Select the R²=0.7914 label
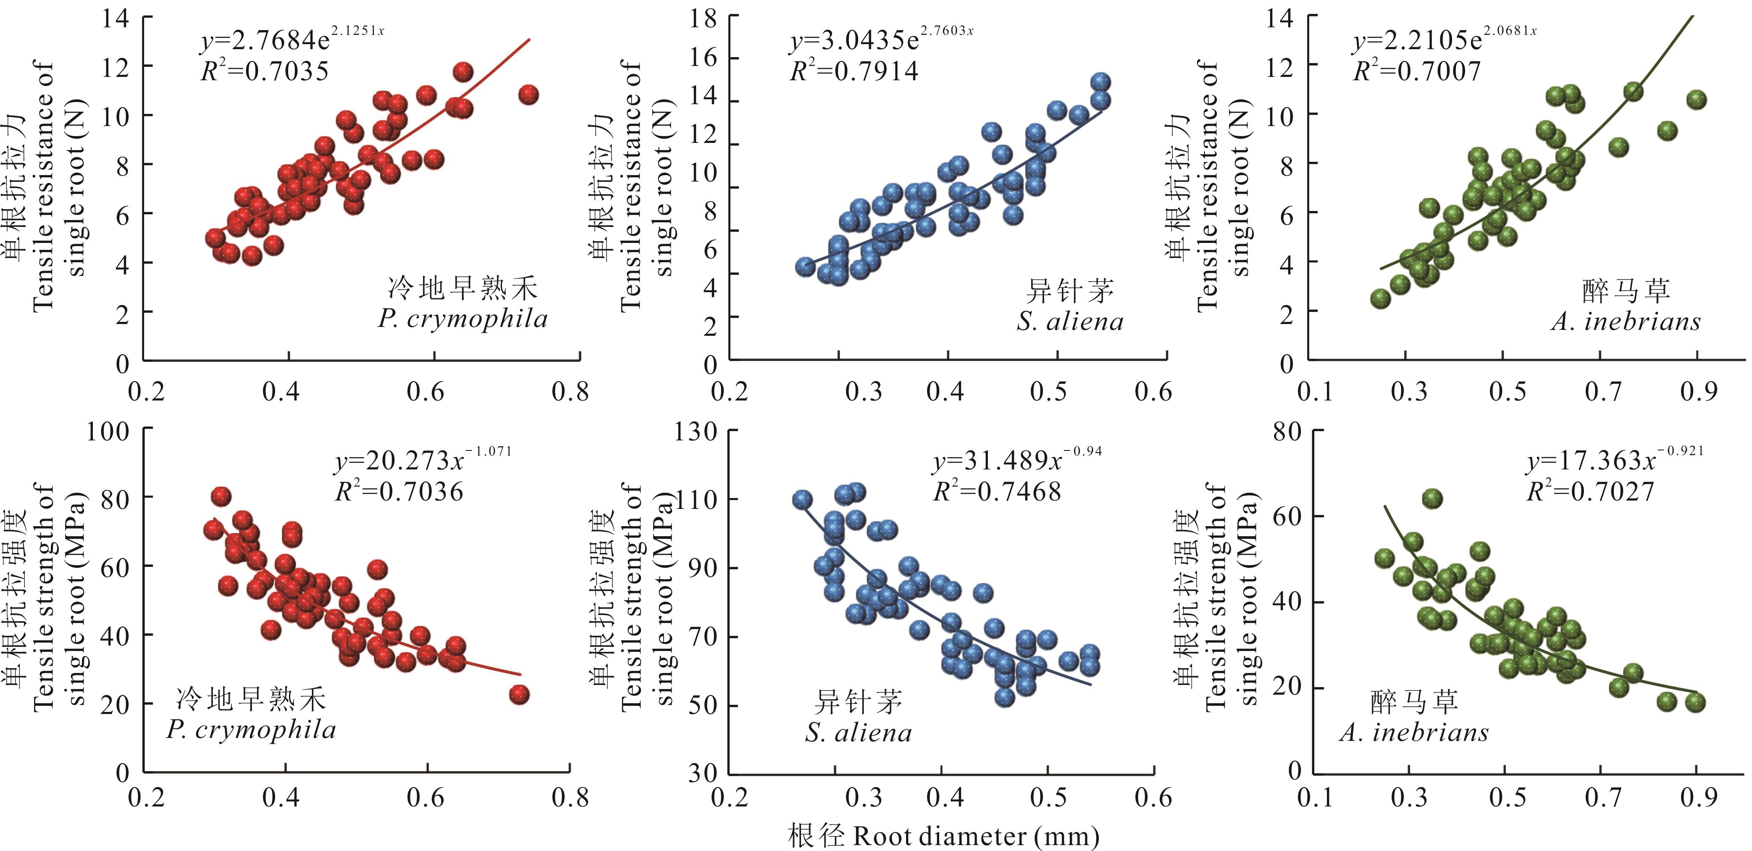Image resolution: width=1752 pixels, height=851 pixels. coord(854,71)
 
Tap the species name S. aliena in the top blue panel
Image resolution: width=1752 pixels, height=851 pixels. coord(1070,321)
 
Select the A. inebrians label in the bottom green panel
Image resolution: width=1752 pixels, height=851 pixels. coord(1414,732)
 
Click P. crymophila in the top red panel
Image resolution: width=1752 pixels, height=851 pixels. coord(462,319)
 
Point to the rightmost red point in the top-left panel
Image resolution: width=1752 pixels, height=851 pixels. coord(528,95)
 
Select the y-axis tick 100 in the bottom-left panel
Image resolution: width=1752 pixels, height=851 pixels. coord(108,431)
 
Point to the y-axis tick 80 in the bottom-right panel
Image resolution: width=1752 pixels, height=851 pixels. coord(1287,431)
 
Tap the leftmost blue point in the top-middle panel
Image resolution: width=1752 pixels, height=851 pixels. coord(805,267)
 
